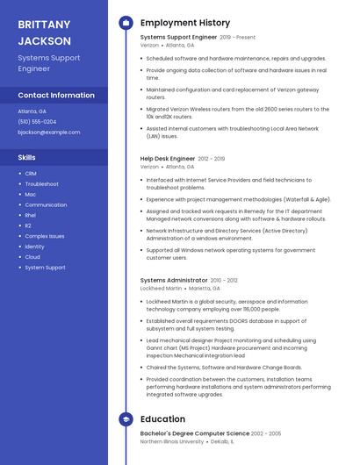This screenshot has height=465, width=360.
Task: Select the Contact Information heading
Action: pos(56,95)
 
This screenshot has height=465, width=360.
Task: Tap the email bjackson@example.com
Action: pos(49,132)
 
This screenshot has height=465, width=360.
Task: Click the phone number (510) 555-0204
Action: pos(37,122)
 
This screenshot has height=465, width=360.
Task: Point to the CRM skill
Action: pos(31,174)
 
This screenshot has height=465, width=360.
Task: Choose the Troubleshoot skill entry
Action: pos(41,184)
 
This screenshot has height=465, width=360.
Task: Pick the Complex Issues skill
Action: pos(45,236)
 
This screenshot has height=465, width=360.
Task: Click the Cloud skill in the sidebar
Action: pos(32,257)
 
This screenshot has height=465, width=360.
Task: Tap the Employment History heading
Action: pos(185,23)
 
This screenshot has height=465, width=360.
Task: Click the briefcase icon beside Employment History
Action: pos(126,23)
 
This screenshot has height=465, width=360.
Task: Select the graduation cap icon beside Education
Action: pos(126,419)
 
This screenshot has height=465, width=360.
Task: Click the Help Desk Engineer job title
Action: pos(168,159)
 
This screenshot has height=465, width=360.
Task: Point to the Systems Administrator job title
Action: pos(173,280)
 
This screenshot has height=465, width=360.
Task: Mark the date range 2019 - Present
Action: pos(238,38)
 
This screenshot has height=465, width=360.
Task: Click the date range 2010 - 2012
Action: pos(228,280)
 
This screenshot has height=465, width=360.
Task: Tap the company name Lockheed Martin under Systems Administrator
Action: pos(161,288)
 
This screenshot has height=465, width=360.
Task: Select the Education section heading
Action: pos(162,419)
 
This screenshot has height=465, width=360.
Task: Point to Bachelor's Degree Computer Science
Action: pos(195,433)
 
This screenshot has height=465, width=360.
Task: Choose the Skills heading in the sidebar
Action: pos(27,158)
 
